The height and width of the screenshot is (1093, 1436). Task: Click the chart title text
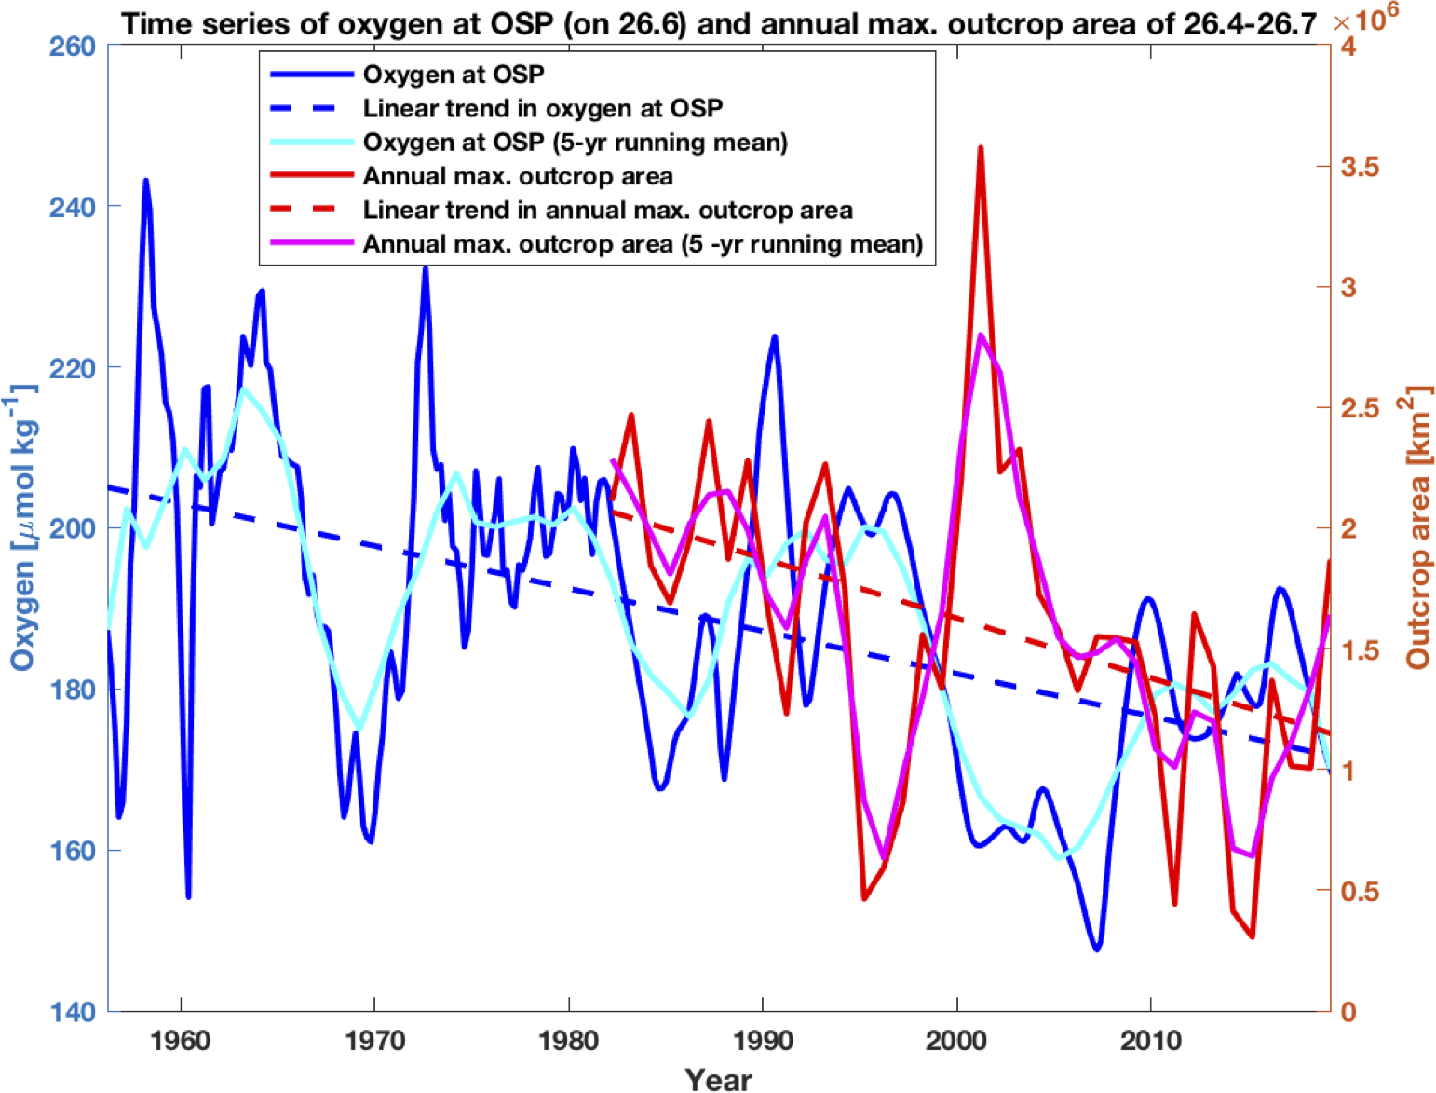(x=718, y=23)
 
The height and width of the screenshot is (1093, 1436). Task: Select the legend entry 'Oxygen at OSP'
(x=454, y=75)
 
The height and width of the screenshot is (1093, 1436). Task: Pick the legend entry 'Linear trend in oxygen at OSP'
(x=542, y=108)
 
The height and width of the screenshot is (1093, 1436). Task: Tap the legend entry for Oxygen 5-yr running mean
(x=575, y=143)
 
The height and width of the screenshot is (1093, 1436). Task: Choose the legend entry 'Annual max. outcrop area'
(x=517, y=176)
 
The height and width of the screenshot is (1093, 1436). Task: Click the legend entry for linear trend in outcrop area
(x=607, y=211)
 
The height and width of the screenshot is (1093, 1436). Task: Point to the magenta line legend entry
(x=643, y=244)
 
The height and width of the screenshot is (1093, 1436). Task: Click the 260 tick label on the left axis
(x=72, y=46)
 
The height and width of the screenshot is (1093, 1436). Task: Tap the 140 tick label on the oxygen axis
(x=72, y=1012)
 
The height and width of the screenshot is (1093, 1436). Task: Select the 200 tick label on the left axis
(x=72, y=528)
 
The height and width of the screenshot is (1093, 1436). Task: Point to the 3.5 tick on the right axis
(x=1361, y=167)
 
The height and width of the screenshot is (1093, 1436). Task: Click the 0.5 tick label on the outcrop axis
(x=1361, y=892)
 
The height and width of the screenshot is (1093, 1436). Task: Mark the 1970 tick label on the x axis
(x=374, y=1041)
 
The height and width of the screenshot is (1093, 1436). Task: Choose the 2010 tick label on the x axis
(x=1150, y=1041)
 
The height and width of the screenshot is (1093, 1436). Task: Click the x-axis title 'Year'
(x=718, y=1078)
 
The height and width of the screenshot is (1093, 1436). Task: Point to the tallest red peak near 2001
(x=981, y=148)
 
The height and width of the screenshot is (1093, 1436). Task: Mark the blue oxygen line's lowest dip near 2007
(x=1097, y=949)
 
